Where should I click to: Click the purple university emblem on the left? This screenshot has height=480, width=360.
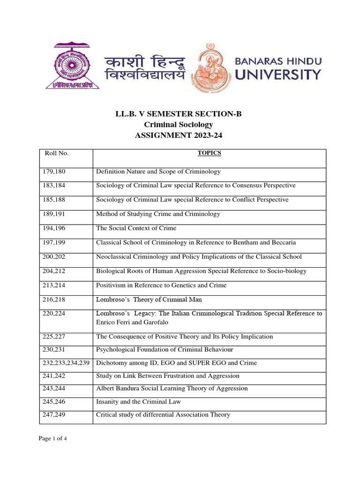pyautogui.click(x=72, y=66)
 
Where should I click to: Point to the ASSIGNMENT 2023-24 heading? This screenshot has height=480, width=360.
pyautogui.click(x=180, y=136)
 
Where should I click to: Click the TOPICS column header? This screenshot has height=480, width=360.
pyautogui.click(x=209, y=153)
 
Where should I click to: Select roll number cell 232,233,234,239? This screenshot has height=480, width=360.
pyautogui.click(x=66, y=363)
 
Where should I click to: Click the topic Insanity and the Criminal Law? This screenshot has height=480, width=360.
pyautogui.click(x=138, y=402)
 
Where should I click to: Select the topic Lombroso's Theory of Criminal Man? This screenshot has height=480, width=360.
pyautogui.click(x=149, y=300)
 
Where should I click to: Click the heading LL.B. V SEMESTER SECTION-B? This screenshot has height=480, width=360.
pyautogui.click(x=180, y=114)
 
